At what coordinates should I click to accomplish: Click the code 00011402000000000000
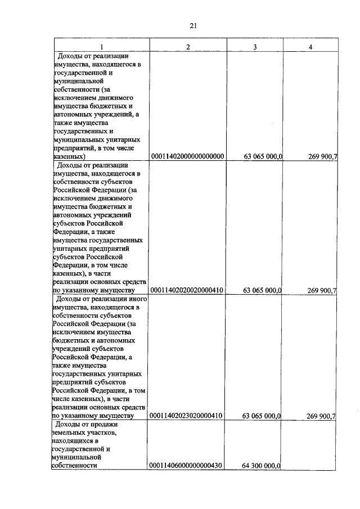[187, 156]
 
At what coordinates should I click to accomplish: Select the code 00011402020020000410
[187, 290]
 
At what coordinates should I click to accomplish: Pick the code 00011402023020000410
[187, 416]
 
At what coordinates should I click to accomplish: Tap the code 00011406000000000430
[187, 466]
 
